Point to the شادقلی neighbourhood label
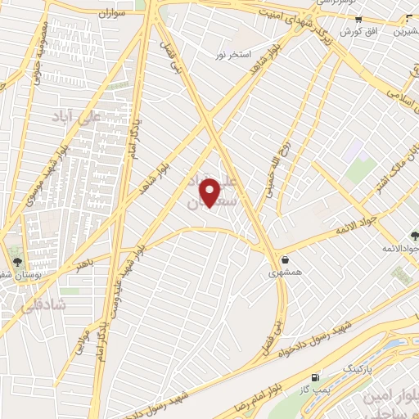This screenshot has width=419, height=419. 29,304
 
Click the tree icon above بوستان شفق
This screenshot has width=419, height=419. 17,262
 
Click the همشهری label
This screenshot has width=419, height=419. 285,274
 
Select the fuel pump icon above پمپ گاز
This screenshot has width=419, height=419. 314,378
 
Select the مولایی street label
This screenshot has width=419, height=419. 81,340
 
